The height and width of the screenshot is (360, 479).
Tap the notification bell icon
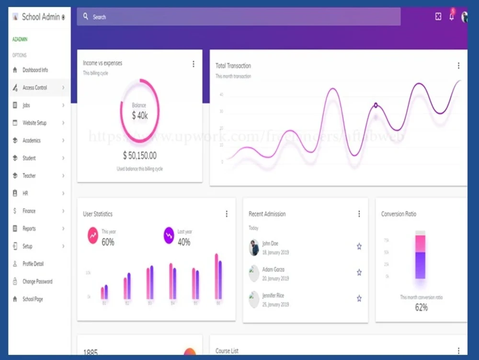tap(451, 17)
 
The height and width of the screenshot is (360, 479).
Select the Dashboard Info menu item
tap(35, 70)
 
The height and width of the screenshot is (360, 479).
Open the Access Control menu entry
tap(35, 88)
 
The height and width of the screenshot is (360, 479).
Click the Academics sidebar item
tap(32, 140)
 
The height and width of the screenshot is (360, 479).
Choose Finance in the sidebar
tap(29, 211)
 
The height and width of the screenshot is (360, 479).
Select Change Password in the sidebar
tap(37, 281)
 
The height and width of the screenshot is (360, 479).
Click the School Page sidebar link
tap(33, 299)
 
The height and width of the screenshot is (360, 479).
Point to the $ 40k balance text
tap(139, 116)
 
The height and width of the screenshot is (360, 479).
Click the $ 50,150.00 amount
tap(139, 156)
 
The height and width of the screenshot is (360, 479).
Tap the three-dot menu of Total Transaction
tap(458, 66)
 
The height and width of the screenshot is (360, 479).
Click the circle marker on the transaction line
tap(376, 105)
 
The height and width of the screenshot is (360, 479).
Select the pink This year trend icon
tap(92, 235)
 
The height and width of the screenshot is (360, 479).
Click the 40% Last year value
tap(184, 243)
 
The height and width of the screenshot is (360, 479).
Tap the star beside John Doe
tap(359, 246)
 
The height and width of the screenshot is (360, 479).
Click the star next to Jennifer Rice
tap(359, 298)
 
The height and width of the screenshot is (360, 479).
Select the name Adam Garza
tap(273, 269)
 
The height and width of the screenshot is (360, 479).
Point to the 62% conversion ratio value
tap(421, 308)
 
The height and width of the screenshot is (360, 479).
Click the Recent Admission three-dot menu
tap(359, 214)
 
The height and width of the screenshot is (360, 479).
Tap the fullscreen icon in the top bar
tap(438, 17)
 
